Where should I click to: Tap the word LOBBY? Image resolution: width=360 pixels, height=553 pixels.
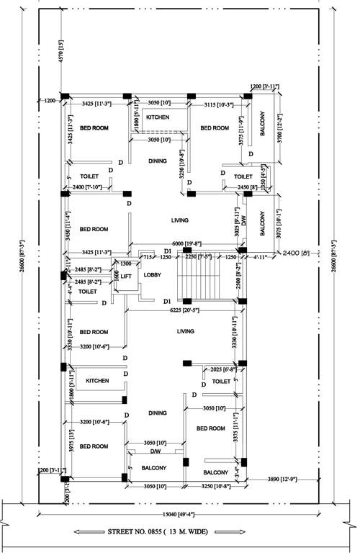tap(153, 275)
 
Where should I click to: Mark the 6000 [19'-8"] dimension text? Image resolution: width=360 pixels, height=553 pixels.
tap(186, 243)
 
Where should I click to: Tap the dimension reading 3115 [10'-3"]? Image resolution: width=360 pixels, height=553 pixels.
tap(215, 105)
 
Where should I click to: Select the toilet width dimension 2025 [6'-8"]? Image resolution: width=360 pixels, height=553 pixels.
tap(220, 369)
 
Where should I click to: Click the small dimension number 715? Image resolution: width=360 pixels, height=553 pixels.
tap(147, 256)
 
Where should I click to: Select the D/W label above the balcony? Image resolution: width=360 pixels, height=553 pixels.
tap(154, 451)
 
